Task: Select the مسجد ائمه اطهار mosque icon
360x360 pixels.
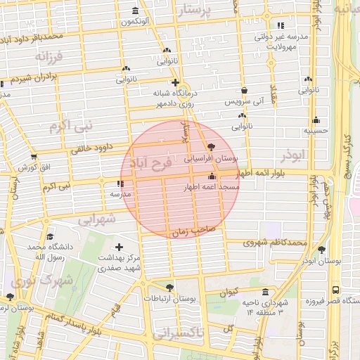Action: [212, 176]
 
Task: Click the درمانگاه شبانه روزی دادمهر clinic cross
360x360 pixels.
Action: [175, 82]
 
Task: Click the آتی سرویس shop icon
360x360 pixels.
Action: [244, 91]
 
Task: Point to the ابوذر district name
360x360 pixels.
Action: [292, 154]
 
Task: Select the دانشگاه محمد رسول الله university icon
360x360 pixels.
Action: [49, 237]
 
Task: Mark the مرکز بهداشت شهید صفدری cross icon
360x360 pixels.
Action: [119, 247]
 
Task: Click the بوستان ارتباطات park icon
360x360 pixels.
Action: [169, 288]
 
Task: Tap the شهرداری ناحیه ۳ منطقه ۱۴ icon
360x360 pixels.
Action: [264, 292]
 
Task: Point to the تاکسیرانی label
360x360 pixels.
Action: [178, 333]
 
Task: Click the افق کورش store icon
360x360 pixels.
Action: [34, 157]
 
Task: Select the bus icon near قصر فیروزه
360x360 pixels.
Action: [335, 290]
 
